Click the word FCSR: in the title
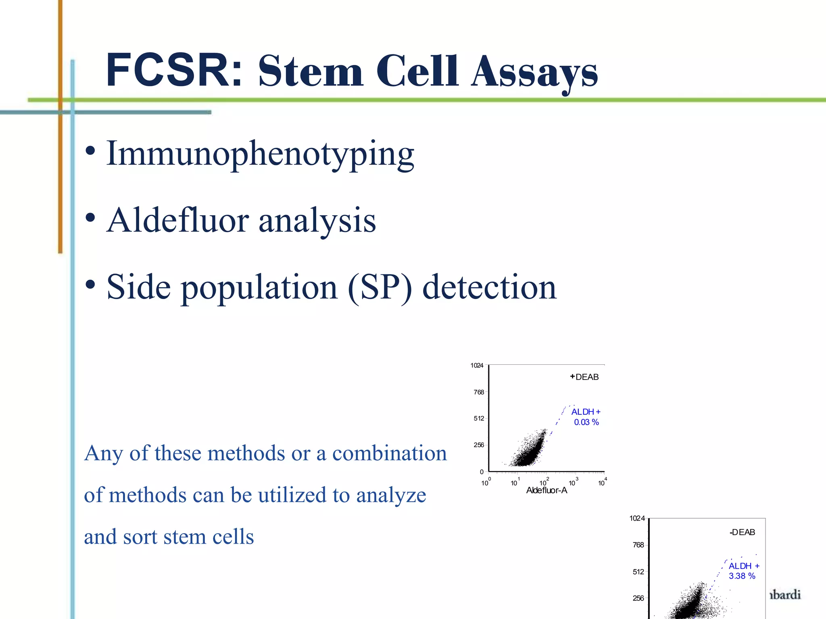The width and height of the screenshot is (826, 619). tap(173, 71)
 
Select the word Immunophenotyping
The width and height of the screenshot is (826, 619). tap(260, 154)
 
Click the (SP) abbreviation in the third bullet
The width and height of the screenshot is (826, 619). tap(380, 287)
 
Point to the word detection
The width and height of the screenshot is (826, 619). tap(489, 287)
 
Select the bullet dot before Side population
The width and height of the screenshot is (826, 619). tap(90, 285)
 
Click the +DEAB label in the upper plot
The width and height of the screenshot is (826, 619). tap(584, 377)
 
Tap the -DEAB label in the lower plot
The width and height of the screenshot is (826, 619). tap(742, 532)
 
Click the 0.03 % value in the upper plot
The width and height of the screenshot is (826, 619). tap(586, 422)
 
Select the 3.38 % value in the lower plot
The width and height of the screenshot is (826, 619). tap(742, 576)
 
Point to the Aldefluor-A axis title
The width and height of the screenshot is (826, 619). tap(546, 490)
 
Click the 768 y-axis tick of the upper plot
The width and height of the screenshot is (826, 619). tap(479, 392)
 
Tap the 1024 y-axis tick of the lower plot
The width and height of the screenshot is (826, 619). tap(637, 518)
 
